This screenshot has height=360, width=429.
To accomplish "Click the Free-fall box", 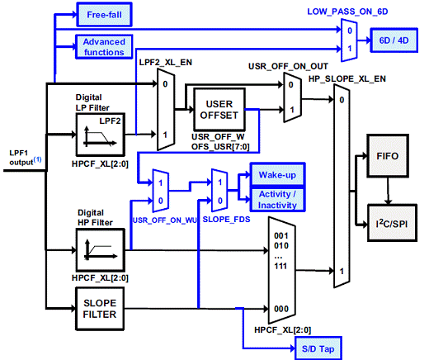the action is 104,15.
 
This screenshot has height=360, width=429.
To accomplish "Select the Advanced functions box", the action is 104,47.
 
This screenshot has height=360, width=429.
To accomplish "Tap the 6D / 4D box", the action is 394,40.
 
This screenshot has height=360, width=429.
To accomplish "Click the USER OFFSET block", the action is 219,110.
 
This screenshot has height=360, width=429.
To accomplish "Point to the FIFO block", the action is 388,156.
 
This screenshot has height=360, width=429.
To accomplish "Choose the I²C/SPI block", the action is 392,223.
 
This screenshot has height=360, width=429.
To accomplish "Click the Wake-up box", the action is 277,174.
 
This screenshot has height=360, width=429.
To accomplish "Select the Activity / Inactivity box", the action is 277,200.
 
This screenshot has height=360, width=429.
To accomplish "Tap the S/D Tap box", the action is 318,348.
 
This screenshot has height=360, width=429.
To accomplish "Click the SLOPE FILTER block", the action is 100,309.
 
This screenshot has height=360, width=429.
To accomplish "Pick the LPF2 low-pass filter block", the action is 101,135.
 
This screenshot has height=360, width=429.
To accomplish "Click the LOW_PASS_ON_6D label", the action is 347,12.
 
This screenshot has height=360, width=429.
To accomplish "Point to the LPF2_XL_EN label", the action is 166,63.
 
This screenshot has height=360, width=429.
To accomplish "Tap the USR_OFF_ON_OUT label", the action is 288,66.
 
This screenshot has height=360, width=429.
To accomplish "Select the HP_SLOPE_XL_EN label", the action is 347,79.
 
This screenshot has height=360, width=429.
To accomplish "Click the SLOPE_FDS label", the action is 226,220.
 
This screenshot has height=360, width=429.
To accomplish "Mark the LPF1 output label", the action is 26,158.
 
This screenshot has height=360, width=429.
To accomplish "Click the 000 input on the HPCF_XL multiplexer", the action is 281,309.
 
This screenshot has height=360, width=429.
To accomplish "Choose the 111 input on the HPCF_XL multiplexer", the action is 280,266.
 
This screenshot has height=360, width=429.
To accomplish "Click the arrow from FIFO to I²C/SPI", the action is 388,191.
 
